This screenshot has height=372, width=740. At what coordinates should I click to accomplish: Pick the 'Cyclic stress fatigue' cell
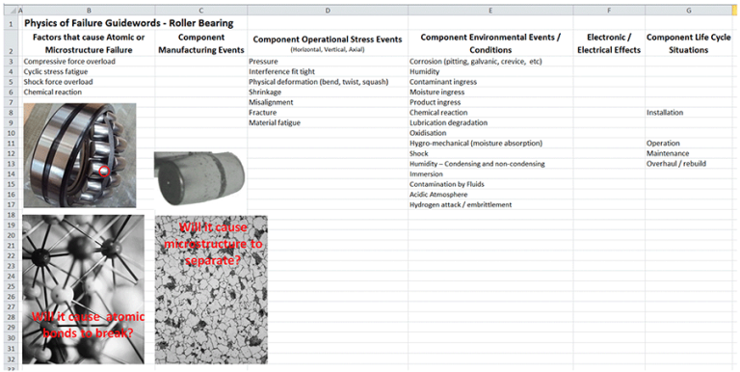pyautogui.click(x=61, y=70)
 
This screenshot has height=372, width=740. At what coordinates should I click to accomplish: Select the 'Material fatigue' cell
pyautogui.click(x=277, y=122)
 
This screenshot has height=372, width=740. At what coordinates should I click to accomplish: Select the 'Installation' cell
pyautogui.click(x=667, y=112)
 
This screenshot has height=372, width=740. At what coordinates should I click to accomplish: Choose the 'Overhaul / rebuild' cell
pyautogui.click(x=676, y=163)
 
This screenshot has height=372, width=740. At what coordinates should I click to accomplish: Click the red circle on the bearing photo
pyautogui.click(x=104, y=172)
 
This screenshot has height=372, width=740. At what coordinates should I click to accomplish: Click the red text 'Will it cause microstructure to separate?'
pyautogui.click(x=213, y=245)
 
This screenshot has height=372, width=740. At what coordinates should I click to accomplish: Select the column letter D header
pyautogui.click(x=328, y=10)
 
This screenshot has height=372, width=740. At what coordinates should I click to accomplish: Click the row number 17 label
pyautogui.click(x=11, y=204)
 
